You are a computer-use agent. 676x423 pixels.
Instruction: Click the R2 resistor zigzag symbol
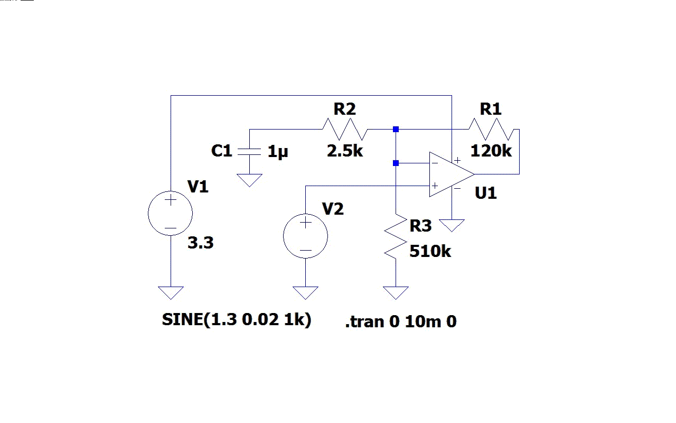[x=344, y=129]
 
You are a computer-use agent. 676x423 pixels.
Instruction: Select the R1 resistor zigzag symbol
[x=491, y=129]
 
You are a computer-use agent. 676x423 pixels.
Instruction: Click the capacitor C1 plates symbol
[x=249, y=152]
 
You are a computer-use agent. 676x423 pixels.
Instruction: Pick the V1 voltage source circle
[x=171, y=214]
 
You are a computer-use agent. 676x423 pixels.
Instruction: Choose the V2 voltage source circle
[x=305, y=236]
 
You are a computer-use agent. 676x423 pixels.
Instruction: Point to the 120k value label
[x=491, y=151]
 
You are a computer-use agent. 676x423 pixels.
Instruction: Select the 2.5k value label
[x=345, y=151]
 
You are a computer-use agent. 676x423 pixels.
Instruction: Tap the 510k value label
[x=430, y=252]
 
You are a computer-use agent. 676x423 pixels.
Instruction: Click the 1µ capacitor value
[x=278, y=152]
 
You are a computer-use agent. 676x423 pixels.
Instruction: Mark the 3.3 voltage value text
[x=201, y=243]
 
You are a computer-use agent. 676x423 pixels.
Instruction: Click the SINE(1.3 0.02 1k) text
[x=237, y=320]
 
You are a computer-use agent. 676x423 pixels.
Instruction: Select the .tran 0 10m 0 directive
[x=401, y=321]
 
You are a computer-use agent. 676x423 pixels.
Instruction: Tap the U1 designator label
[x=486, y=193]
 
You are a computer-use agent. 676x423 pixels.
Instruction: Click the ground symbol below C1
[x=249, y=181]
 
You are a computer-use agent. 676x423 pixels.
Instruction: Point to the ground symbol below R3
[x=396, y=292]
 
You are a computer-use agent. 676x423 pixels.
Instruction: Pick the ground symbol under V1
[x=171, y=292]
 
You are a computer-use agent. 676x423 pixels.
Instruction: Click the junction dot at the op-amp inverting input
[x=396, y=163]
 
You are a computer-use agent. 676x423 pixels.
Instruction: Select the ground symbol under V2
[x=305, y=292]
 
